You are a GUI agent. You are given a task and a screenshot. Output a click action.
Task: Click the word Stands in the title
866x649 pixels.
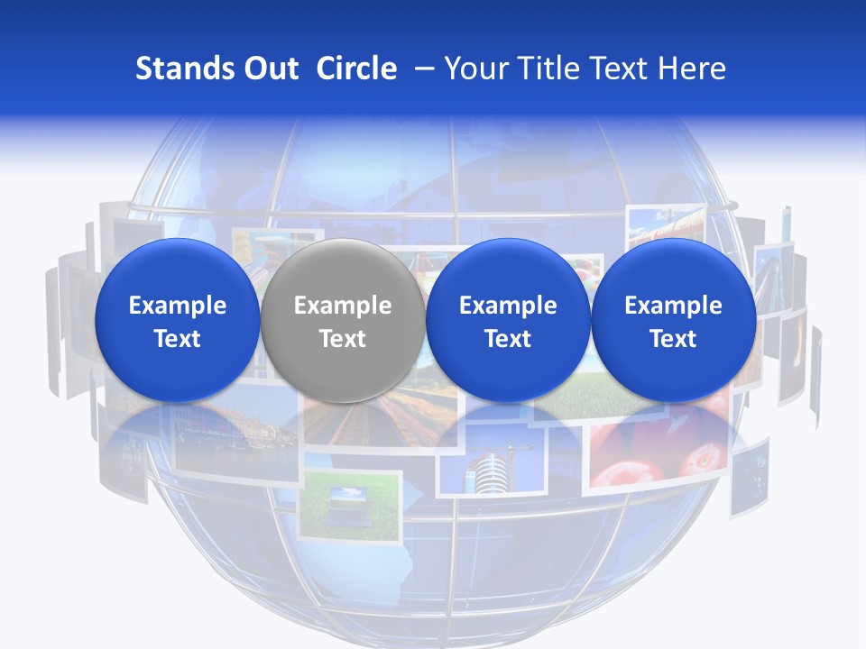click(x=180, y=69)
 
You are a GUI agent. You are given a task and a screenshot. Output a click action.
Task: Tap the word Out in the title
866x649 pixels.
click(x=269, y=69)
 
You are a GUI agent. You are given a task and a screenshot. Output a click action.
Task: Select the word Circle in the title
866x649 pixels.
click(x=356, y=69)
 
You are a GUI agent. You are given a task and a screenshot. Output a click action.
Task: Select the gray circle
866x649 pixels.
click(x=343, y=321)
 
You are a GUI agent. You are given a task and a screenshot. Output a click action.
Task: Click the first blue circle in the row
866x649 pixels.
click(x=177, y=321)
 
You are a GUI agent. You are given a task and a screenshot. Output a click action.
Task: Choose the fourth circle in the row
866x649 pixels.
click(x=674, y=321)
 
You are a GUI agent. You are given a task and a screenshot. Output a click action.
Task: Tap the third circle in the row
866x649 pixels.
click(x=508, y=321)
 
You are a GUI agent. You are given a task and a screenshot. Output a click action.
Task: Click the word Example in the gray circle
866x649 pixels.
click(x=343, y=306)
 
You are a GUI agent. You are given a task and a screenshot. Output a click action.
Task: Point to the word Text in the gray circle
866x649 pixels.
click(x=343, y=339)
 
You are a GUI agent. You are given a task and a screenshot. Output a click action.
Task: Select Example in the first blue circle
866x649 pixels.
click(x=177, y=306)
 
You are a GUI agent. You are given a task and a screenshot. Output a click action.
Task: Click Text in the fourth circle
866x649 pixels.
click(x=674, y=339)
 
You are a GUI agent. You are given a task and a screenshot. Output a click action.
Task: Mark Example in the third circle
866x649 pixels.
click(x=508, y=306)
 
